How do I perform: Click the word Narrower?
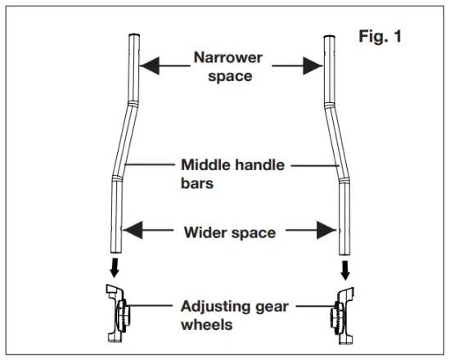228,57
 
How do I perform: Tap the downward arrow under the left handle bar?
115,268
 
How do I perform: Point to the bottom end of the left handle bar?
115,252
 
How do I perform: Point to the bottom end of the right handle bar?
344,252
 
